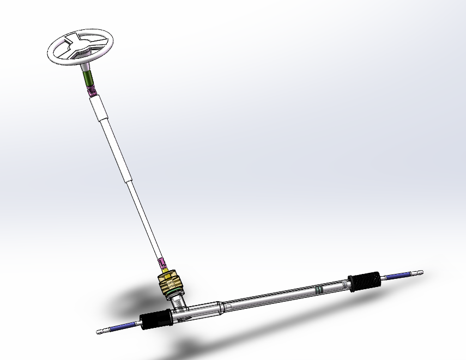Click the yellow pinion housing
(170, 283)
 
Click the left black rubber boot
(156, 320)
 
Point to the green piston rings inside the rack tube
(319, 289)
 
